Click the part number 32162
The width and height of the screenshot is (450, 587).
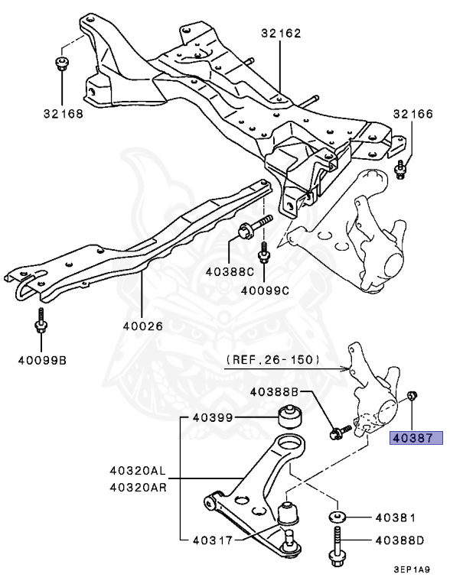click(x=281, y=34)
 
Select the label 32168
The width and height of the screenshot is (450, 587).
click(x=63, y=113)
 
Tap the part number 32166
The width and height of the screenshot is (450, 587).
click(x=412, y=113)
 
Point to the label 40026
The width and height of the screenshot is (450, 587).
click(x=143, y=326)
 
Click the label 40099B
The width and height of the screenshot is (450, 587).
click(x=42, y=360)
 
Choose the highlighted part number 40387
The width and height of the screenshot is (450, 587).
click(x=416, y=437)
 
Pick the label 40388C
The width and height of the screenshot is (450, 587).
click(x=230, y=272)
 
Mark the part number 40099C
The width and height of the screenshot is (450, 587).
click(x=265, y=290)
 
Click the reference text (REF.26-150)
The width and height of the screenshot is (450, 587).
click(x=273, y=360)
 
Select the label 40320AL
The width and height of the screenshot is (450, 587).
click(x=138, y=471)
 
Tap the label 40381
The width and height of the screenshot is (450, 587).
click(x=396, y=517)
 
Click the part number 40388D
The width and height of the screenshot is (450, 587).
click(x=399, y=540)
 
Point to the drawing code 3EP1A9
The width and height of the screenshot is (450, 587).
click(x=412, y=569)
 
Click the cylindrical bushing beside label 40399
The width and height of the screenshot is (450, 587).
click(x=290, y=417)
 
